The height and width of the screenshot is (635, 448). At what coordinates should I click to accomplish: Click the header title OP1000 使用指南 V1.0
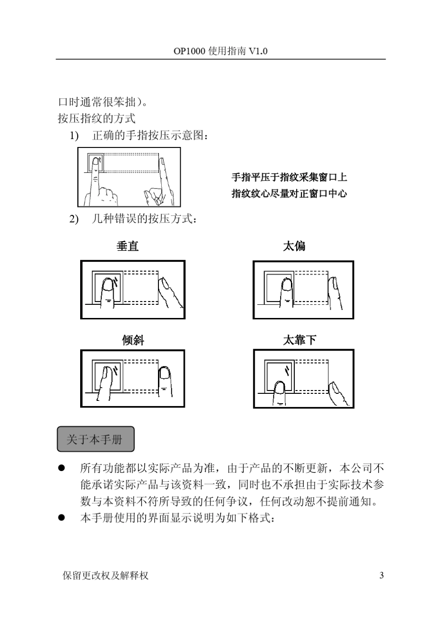[220, 51]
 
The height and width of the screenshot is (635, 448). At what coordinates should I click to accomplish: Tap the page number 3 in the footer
[381, 575]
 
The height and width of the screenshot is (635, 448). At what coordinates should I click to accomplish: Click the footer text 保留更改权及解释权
[105, 575]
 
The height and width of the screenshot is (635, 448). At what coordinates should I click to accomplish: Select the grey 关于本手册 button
[96, 439]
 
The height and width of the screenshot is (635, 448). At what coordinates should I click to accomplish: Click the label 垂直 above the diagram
[127, 246]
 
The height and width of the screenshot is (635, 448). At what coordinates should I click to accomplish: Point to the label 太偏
[294, 246]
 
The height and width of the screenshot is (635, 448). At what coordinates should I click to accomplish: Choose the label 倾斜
[133, 340]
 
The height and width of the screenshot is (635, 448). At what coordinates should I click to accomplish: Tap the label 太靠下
[299, 340]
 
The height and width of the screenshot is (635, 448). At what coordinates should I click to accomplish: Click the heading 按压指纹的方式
[97, 118]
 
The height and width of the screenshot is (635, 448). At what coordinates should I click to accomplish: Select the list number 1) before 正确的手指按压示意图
[75, 136]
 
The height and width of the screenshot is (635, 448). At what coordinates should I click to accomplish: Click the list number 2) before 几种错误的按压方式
[75, 219]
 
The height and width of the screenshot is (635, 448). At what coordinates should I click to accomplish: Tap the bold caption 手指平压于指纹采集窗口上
[289, 177]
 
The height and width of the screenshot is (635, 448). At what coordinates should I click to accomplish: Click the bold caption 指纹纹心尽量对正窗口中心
[289, 193]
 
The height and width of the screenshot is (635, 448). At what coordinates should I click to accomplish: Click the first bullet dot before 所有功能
[61, 468]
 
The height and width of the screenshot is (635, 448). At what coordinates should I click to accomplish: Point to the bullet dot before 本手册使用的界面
[61, 518]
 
